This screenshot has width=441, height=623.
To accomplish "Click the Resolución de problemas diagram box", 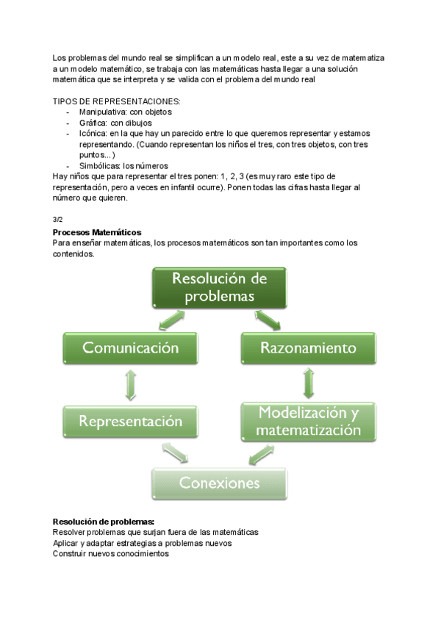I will click(218, 287).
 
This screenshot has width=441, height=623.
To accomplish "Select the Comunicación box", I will click(131, 347).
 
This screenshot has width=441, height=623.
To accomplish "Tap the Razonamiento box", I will click(308, 347).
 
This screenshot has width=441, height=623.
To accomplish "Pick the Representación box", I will click(131, 422).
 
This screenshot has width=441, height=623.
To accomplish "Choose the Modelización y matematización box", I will click(308, 421).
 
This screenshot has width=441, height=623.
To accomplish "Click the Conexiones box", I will click(220, 483).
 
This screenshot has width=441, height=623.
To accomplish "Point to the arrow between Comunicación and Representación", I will click(131, 384).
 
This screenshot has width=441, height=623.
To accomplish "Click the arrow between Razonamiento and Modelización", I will click(308, 383).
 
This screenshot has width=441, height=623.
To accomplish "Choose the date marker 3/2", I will click(58, 219).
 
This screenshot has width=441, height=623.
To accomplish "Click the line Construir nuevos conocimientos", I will click(111, 554).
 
